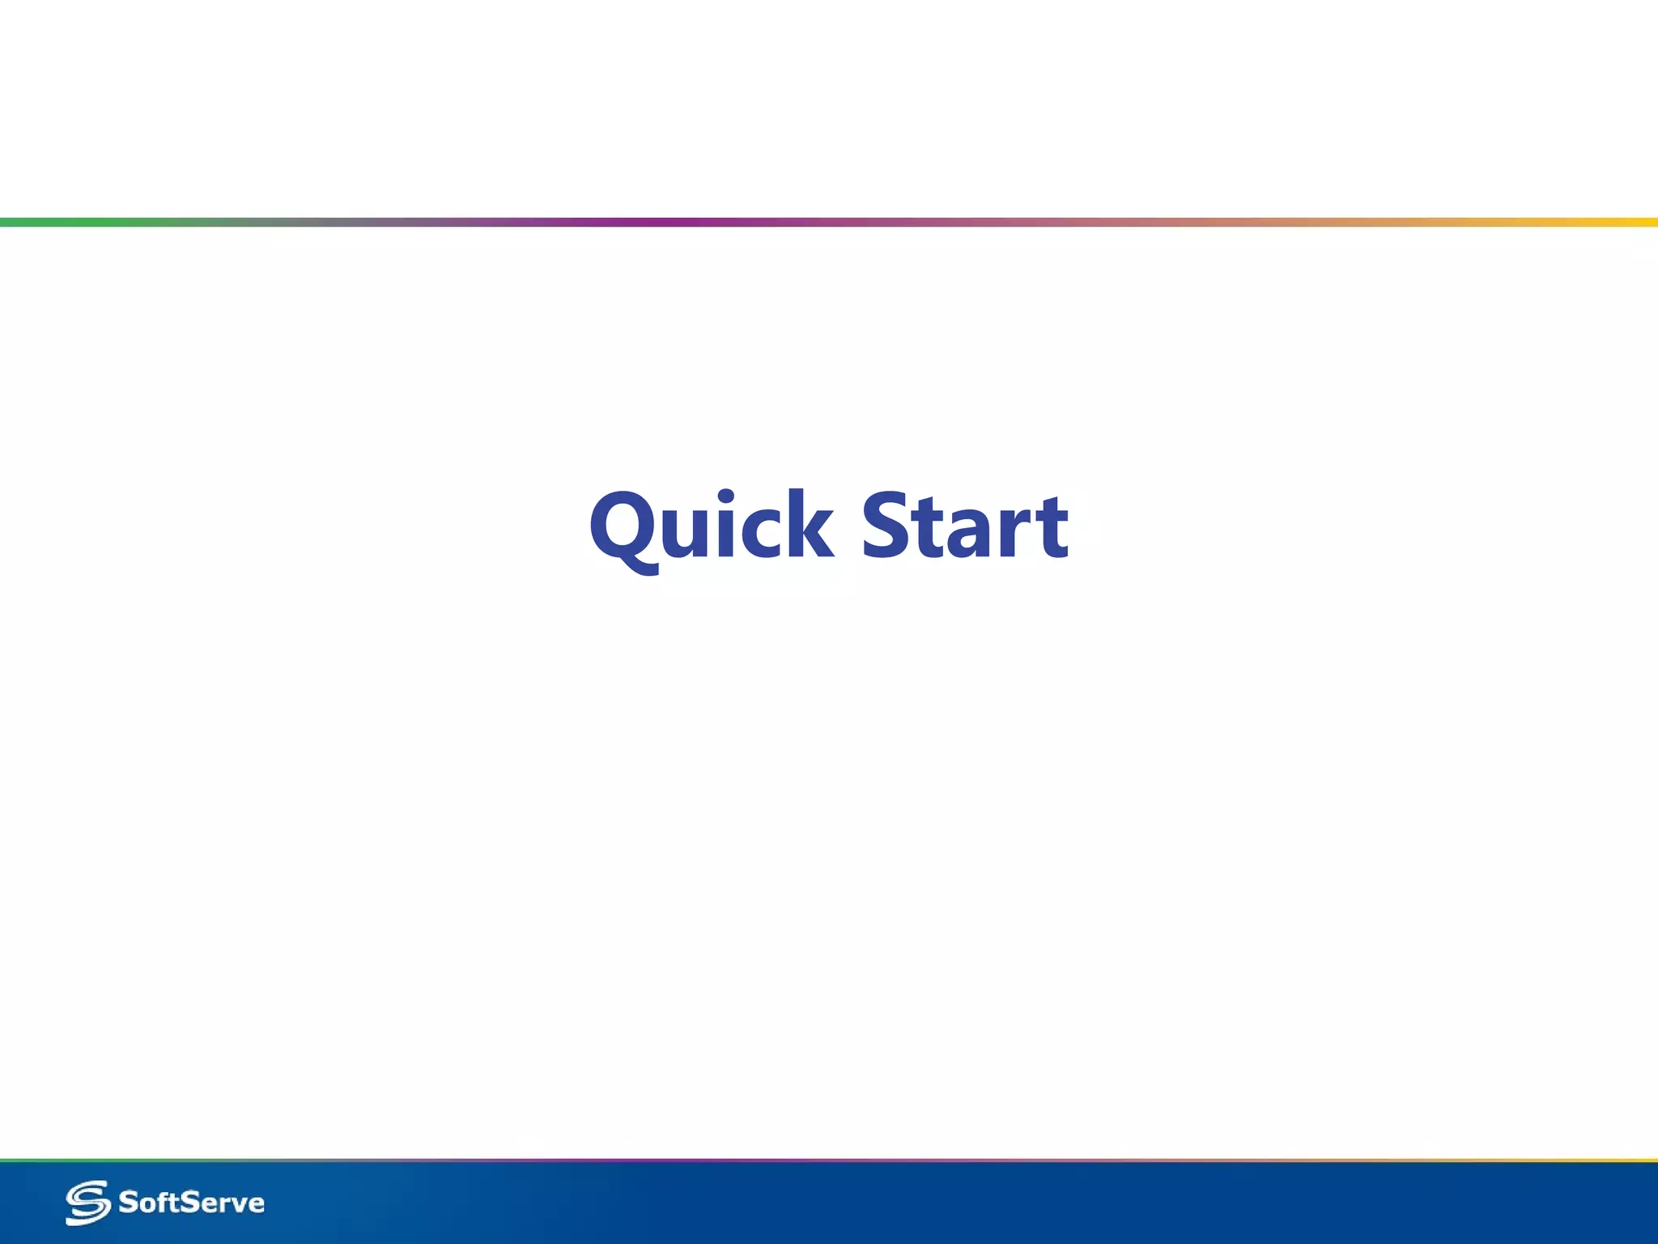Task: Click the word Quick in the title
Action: pos(711,526)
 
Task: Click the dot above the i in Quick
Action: pos(726,497)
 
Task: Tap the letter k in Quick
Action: pos(810,526)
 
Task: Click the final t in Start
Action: pos(1051,530)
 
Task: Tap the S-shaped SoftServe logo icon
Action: pos(87,1203)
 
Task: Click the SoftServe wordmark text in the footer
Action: pos(191,1203)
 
